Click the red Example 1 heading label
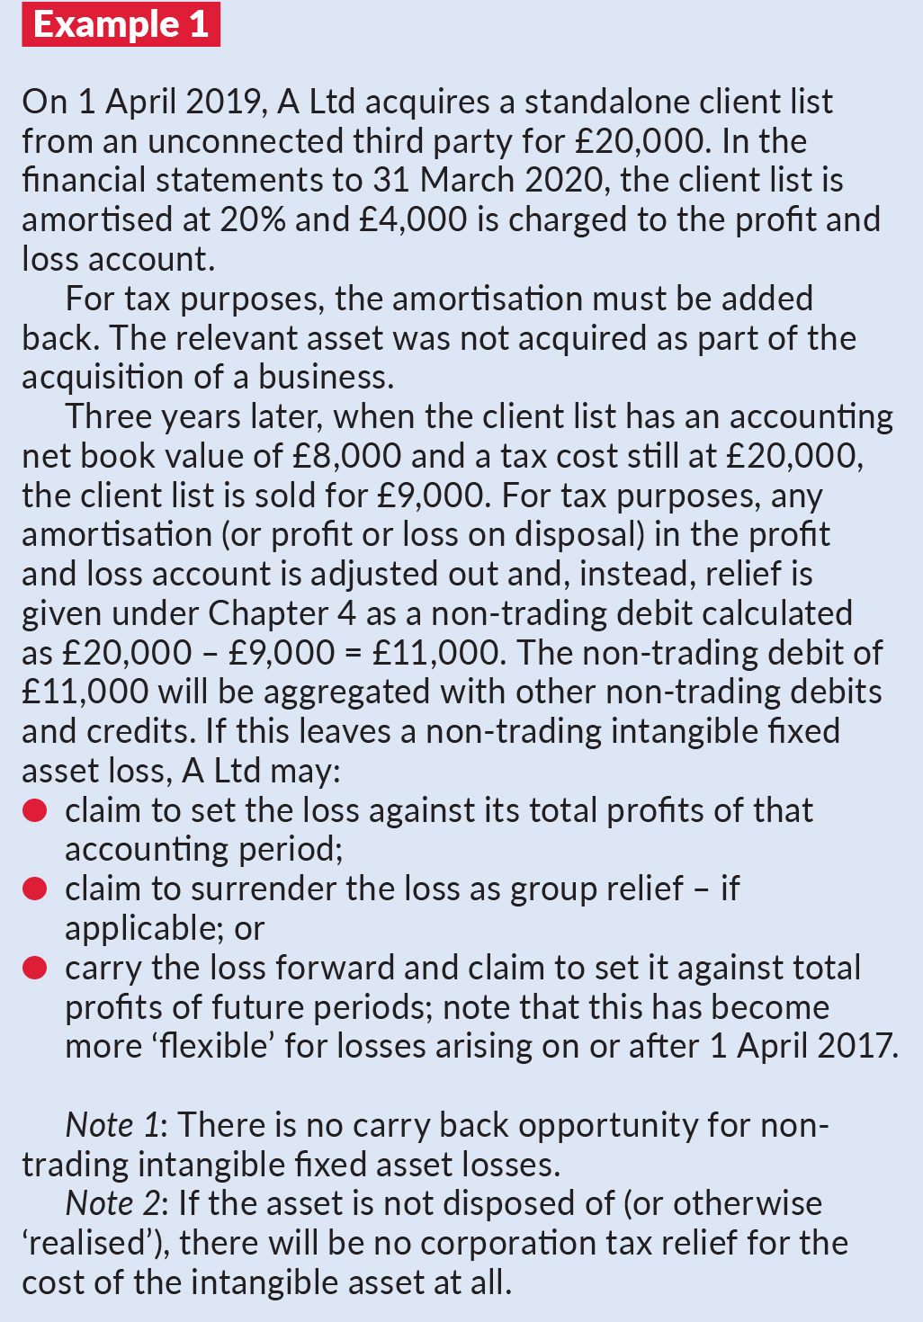(121, 24)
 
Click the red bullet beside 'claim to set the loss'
(35, 810)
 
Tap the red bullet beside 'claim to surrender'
(35, 889)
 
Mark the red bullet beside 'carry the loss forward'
(35, 968)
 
